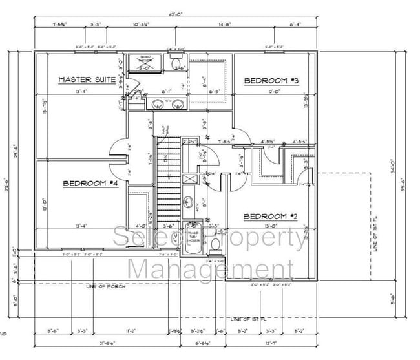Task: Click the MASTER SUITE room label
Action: pos(87,80)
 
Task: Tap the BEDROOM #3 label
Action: pos(271,81)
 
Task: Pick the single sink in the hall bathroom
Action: pos(186,201)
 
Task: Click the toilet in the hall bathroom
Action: pos(215,245)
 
